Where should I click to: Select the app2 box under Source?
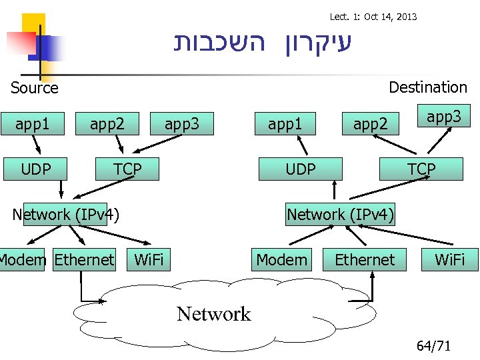click(x=107, y=123)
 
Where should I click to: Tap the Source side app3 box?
click(x=182, y=123)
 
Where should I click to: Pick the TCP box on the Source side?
click(x=127, y=169)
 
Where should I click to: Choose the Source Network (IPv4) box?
click(x=65, y=214)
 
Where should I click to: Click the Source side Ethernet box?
click(x=84, y=259)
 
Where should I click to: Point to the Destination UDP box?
click(x=300, y=169)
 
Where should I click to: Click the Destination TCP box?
click(x=421, y=169)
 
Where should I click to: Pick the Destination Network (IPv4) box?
click(x=340, y=214)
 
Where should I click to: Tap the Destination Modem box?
click(x=282, y=259)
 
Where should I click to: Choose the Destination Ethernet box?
click(x=365, y=259)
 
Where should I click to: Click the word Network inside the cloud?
click(x=213, y=314)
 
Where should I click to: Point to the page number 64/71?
click(x=433, y=346)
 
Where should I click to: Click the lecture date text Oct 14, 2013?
click(x=390, y=16)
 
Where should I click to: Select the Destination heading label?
click(x=427, y=87)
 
